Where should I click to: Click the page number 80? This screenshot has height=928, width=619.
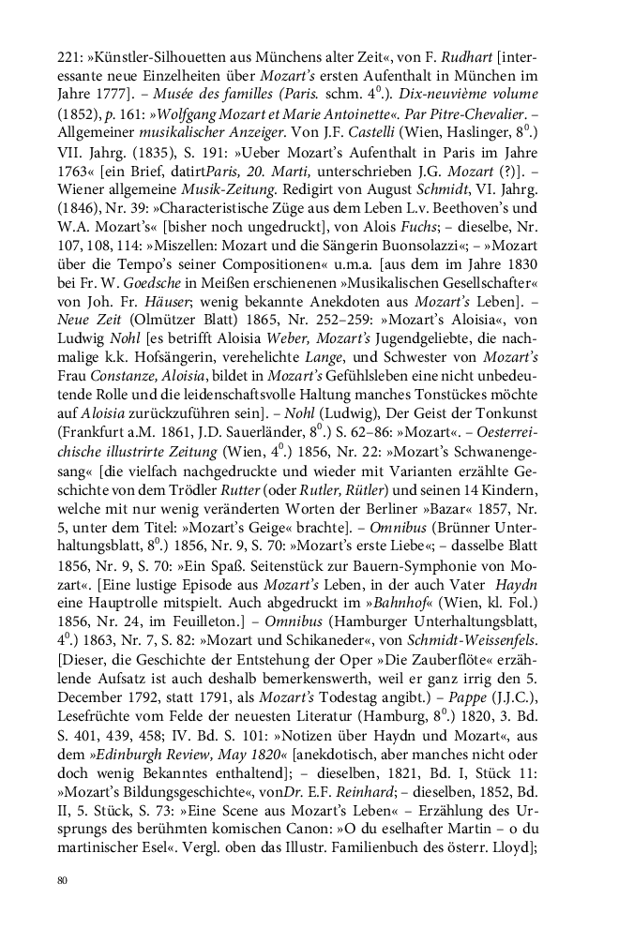coord(62,880)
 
